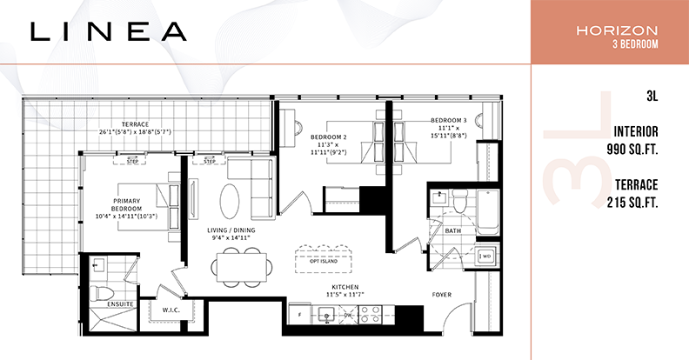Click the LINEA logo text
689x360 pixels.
tap(109, 31)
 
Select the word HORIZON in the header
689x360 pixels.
tap(617, 30)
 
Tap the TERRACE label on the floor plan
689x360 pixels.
tap(136, 124)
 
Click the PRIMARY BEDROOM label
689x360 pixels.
tap(126, 204)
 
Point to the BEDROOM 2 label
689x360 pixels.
tap(329, 137)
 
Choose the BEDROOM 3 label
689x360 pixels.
tap(449, 120)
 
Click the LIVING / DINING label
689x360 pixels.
tap(231, 230)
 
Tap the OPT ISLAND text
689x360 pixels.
tap(324, 261)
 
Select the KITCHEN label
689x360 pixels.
tap(345, 287)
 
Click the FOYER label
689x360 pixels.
tap(442, 295)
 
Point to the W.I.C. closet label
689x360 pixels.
tap(171, 310)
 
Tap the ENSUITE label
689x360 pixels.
tap(120, 303)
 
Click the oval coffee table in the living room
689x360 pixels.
tap(230, 201)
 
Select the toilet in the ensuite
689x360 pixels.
tap(102, 293)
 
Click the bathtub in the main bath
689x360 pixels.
tap(488, 212)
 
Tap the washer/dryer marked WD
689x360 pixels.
tap(485, 256)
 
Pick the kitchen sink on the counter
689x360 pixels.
tap(327, 314)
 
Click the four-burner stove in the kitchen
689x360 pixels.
tap(371, 314)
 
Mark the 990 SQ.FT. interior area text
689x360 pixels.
tap(632, 150)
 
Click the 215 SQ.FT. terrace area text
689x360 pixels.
tap(632, 203)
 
